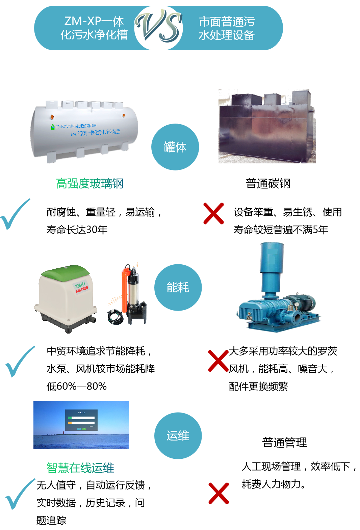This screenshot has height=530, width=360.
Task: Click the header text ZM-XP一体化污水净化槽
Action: [94, 28]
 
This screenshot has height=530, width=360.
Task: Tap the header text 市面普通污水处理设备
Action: [227, 28]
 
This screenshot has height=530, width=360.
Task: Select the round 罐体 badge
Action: [175, 147]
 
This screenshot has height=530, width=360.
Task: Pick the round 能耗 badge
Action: [178, 287]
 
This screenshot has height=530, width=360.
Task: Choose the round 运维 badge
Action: [178, 435]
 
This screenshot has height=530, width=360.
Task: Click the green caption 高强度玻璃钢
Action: [89, 184]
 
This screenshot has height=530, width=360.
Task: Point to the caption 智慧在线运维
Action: [80, 468]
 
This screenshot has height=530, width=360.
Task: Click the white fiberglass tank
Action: [84, 132]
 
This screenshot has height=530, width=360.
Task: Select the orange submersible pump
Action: [128, 294]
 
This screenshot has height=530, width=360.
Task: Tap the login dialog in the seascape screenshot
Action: [81, 420]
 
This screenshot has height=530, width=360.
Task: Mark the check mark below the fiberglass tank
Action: [15, 214]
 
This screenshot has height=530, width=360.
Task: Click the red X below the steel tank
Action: [213, 213]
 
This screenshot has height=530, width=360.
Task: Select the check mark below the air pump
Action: [20, 362]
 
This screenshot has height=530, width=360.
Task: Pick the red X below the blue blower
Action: [218, 361]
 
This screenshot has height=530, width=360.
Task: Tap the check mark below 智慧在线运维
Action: [20, 494]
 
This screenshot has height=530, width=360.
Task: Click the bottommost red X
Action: [218, 493]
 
